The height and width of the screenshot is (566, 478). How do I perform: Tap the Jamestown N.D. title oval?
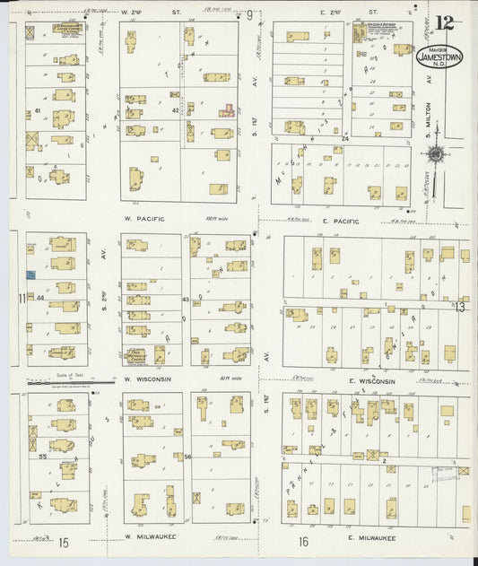click(x=439, y=57)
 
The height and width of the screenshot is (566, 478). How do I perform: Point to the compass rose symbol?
click(x=437, y=154)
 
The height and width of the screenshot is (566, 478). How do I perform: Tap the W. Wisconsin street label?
click(x=147, y=379)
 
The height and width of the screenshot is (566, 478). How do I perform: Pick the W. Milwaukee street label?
click(x=150, y=536)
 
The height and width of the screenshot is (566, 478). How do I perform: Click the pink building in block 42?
click(x=228, y=110)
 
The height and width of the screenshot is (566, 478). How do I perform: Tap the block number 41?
click(x=38, y=111)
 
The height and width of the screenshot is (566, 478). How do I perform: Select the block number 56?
click(x=188, y=457)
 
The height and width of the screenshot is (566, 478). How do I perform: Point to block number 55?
click(x=42, y=457)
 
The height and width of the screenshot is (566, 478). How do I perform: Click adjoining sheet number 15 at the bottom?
click(x=64, y=542)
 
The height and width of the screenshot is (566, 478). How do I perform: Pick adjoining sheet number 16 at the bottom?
click(x=304, y=541)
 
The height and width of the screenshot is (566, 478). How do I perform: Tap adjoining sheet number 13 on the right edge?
click(x=461, y=309)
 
